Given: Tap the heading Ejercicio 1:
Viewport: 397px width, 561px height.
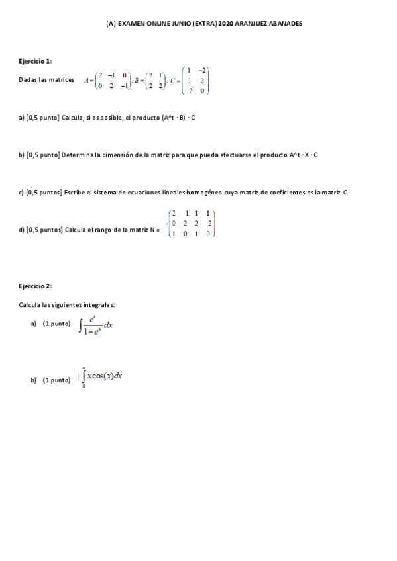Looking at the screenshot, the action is point(35,61).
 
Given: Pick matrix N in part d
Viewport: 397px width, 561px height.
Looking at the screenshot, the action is point(192,224).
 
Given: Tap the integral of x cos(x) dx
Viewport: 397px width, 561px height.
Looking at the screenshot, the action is point(103,376).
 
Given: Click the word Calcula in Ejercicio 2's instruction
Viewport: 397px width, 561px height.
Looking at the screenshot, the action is point(30,305).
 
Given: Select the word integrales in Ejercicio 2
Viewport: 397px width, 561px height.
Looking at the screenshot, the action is point(98,305).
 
